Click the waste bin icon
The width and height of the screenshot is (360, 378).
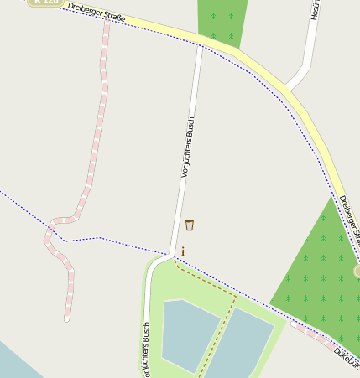pos(190,225)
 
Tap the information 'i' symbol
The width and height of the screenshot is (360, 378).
pos(183,251)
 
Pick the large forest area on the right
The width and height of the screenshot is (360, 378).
pos(323,268)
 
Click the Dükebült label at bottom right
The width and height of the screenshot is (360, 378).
pos(347,358)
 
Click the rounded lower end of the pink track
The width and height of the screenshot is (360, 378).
pos(67,318)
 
